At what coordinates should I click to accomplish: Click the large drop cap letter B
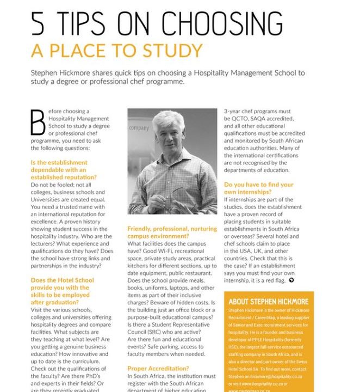coord(38,122)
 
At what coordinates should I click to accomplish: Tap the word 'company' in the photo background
coord(139,128)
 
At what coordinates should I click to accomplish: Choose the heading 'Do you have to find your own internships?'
coord(258,188)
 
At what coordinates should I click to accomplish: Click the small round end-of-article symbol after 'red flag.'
coord(291,280)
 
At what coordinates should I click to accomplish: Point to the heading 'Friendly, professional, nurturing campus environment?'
coord(164,233)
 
